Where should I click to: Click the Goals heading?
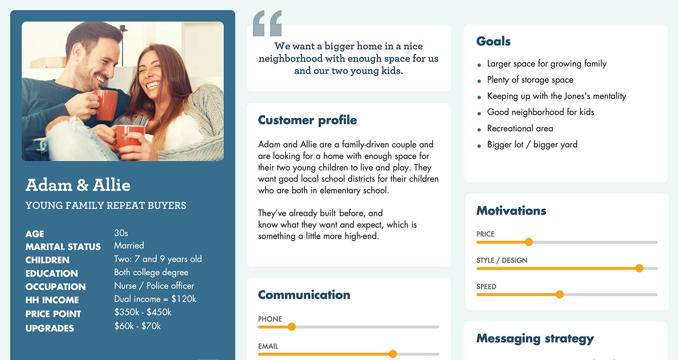coord(493,41)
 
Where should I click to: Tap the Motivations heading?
coord(511,211)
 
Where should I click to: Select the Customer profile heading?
coord(307,120)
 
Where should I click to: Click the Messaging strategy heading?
coord(535,338)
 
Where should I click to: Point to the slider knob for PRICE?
coord(528,242)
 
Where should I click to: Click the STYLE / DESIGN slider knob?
coord(639,268)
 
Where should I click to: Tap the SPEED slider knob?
coord(560,295)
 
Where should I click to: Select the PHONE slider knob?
coord(292,327)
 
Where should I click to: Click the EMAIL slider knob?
coord(393,354)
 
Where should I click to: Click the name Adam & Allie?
coord(78,185)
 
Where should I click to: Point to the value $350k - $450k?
coord(143,312)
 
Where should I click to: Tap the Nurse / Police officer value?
coord(154,286)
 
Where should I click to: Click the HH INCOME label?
coord(52,300)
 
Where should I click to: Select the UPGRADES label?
coord(50,328)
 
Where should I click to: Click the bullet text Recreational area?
coord(520,128)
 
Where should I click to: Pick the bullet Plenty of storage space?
coord(530,80)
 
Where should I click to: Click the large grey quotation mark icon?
coord(267,23)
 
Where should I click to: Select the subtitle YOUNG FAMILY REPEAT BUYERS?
coord(106,206)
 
